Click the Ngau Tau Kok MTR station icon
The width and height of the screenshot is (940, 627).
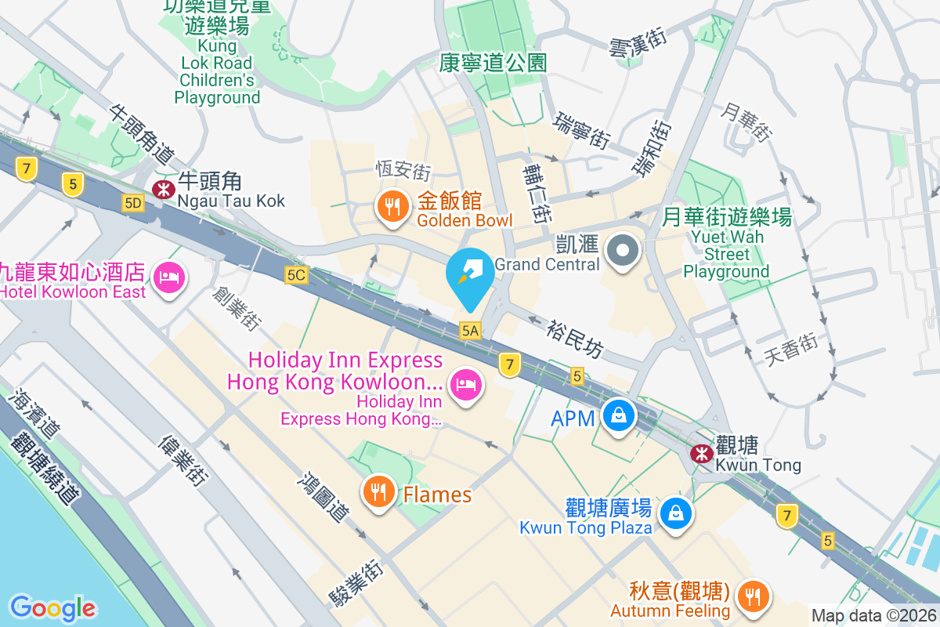[x=164, y=188]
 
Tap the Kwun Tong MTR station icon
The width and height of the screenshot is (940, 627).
[x=701, y=453]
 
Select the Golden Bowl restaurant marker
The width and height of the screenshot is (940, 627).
[x=390, y=207]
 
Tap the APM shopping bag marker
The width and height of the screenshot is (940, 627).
[x=619, y=415]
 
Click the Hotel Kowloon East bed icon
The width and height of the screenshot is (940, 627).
[x=169, y=277]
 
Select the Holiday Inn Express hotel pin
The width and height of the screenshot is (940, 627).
[x=465, y=384]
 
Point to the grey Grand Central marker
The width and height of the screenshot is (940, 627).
[x=624, y=252]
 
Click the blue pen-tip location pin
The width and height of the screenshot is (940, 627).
[x=470, y=276]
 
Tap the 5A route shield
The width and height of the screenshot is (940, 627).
[x=470, y=331]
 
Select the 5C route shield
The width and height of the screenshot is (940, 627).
[x=296, y=275]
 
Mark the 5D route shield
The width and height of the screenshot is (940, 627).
[x=133, y=204]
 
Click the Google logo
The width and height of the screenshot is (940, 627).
[x=52, y=607]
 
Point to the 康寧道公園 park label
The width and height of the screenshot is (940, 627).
[x=493, y=63]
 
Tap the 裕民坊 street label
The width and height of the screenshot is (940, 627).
[x=576, y=338]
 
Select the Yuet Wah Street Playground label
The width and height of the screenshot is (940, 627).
[x=727, y=243]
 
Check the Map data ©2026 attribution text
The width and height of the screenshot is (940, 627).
[x=873, y=616]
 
